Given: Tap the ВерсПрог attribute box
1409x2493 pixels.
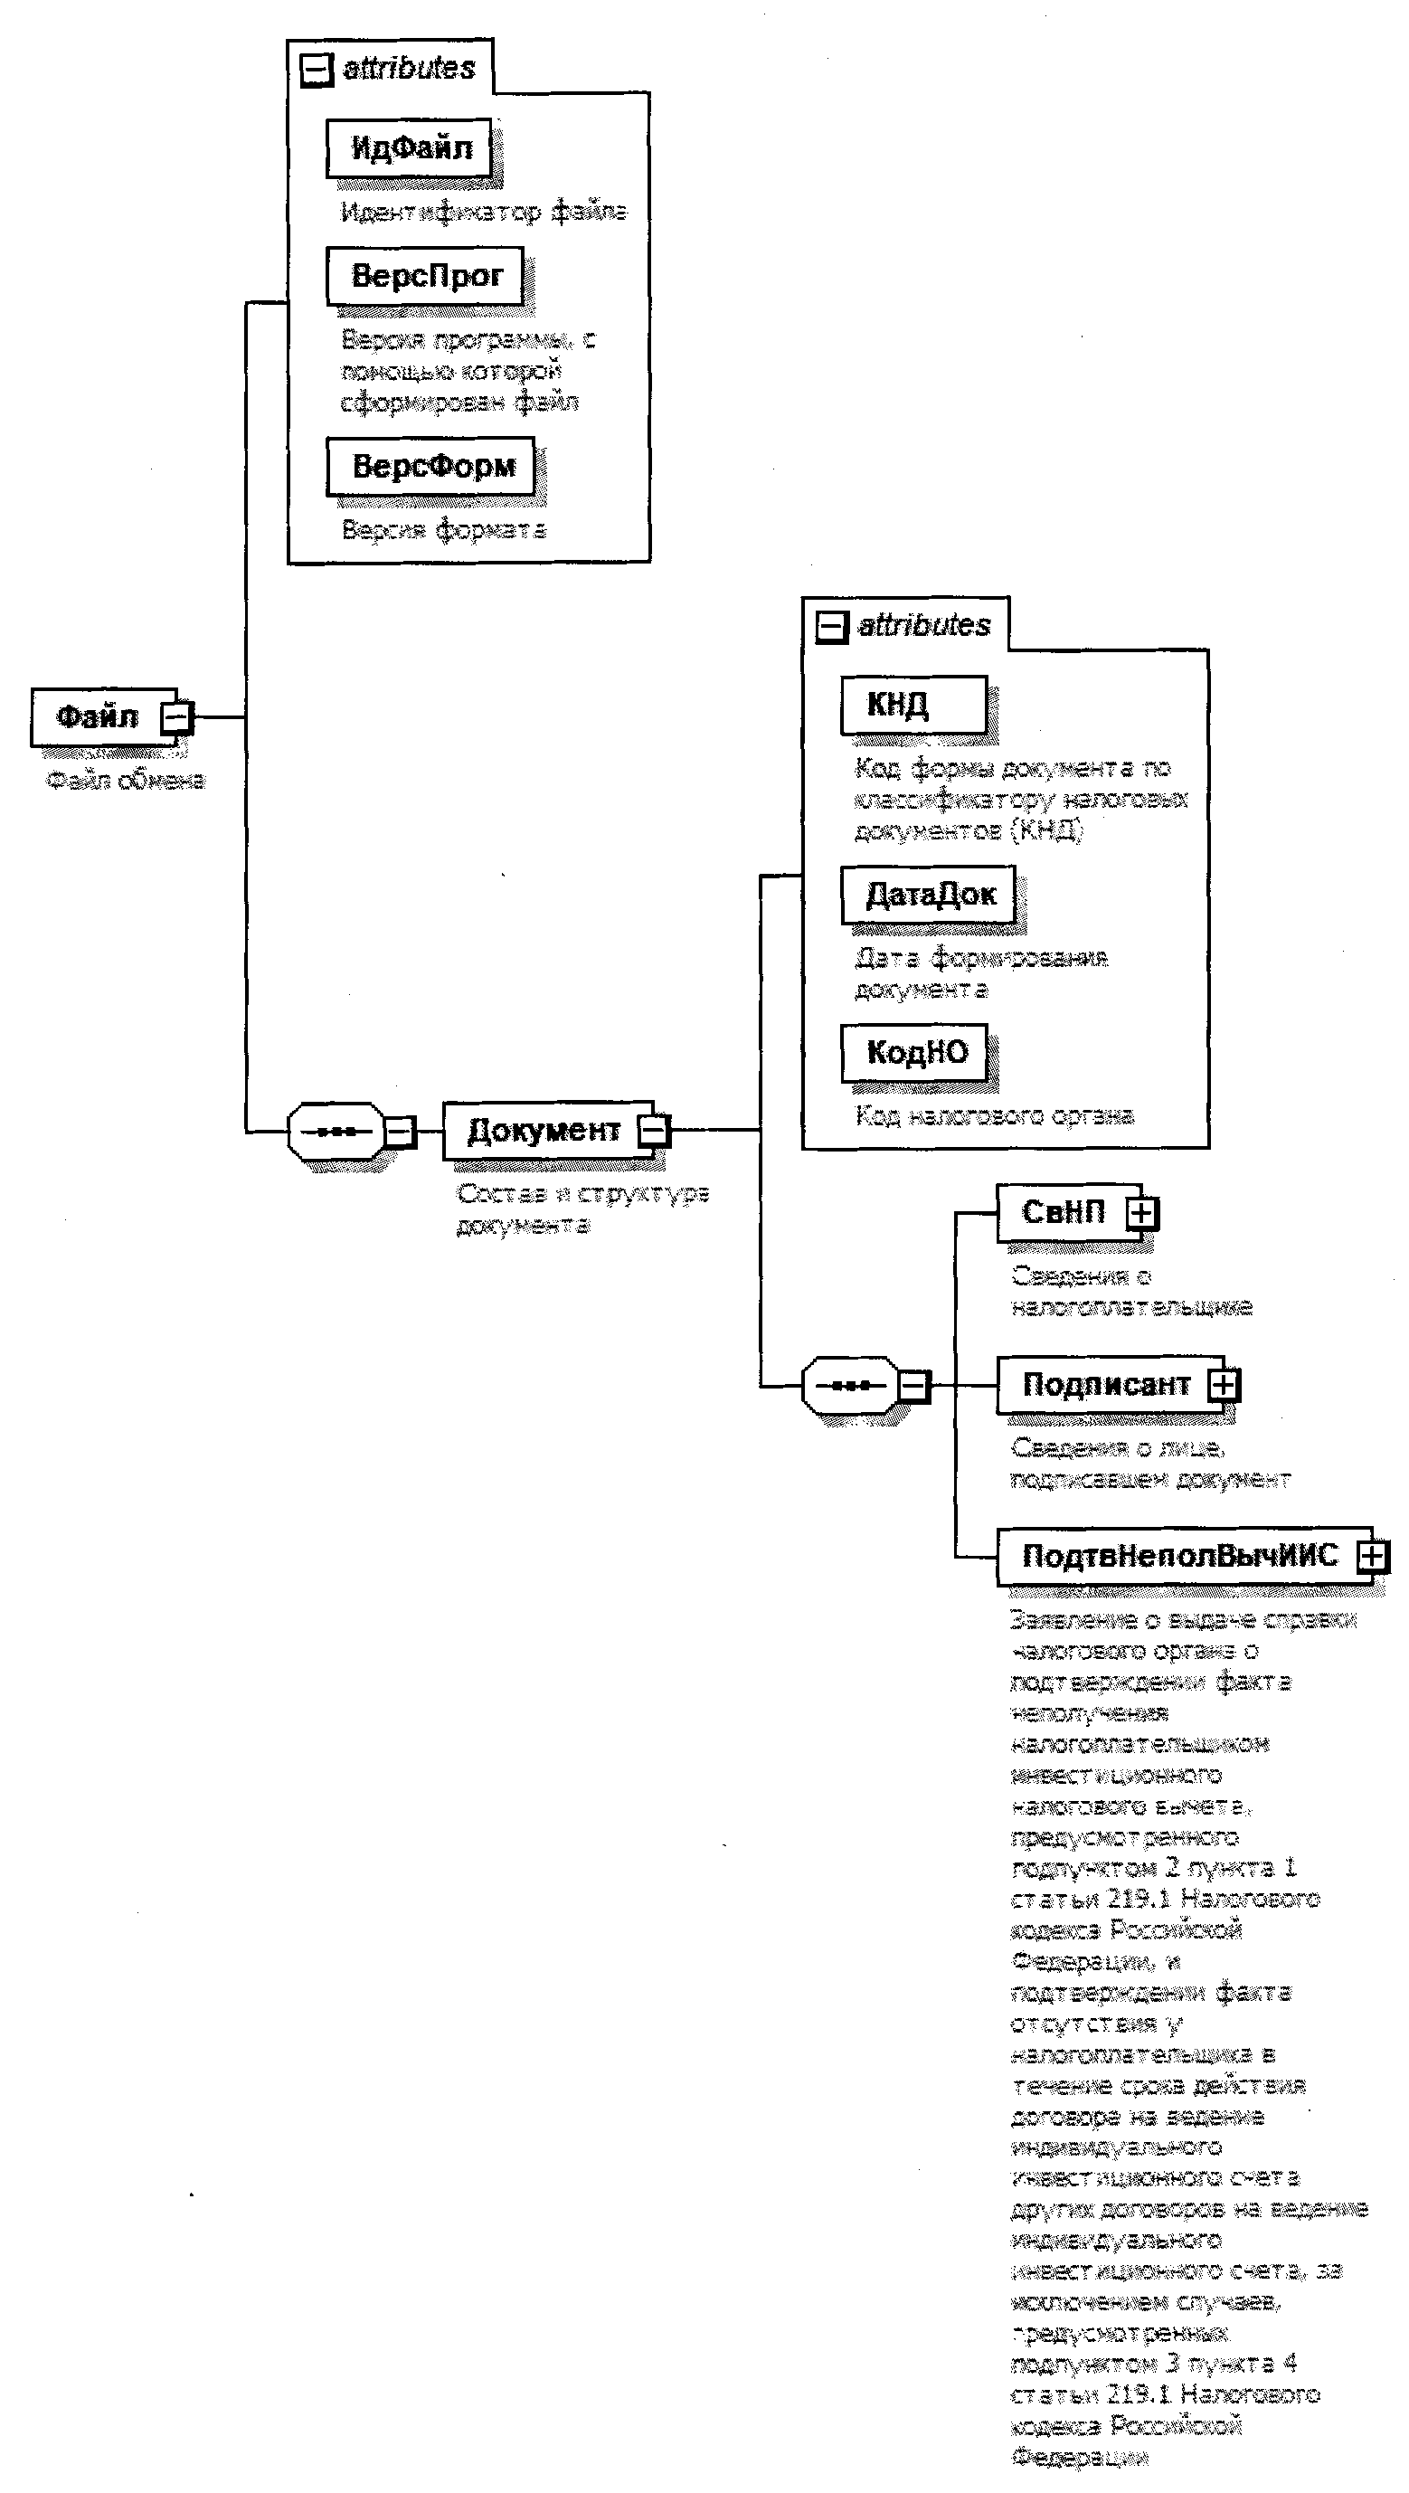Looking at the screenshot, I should coord(425,276).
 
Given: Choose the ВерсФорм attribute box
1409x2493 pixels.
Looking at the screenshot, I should coord(431,466).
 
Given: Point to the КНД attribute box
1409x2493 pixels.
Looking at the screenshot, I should coord(913,704).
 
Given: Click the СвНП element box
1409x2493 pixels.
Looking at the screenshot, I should coord(1063,1211).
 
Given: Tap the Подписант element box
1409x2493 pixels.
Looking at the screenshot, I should coord(1104,1385).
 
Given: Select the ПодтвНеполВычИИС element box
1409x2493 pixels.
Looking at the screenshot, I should coord(1178,1555).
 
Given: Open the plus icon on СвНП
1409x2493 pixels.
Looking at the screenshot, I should coord(1142,1213).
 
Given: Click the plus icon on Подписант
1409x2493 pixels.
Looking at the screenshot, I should coord(1224,1385).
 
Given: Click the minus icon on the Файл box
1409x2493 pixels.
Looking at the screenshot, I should coord(176,718).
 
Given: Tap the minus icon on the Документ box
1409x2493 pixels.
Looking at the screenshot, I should coord(654,1130).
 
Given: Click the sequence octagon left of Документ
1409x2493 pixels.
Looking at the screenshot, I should coord(335,1131).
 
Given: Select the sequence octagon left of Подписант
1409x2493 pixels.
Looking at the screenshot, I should coord(850,1386).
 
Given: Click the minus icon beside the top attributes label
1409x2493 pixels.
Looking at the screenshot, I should coord(317,69).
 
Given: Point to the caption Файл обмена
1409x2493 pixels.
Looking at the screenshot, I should coord(126,780).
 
